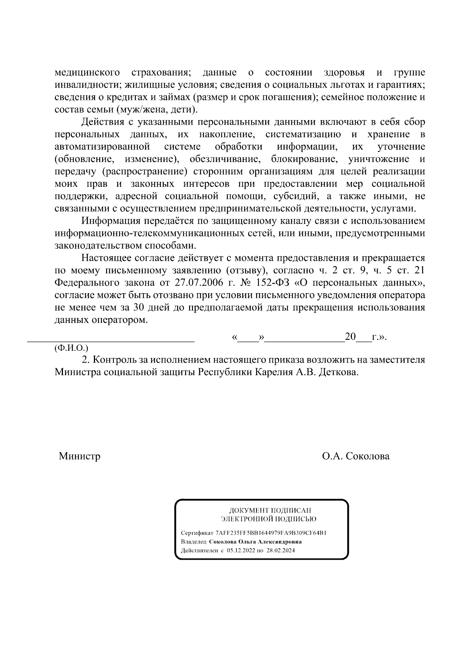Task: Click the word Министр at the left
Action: tap(79, 456)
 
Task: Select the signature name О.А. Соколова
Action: tap(356, 456)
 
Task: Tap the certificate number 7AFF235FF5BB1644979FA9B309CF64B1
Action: tap(271, 533)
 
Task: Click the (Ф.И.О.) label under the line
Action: tap(71, 348)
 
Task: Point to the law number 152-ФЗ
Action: tap(272, 283)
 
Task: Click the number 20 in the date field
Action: tap(350, 337)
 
